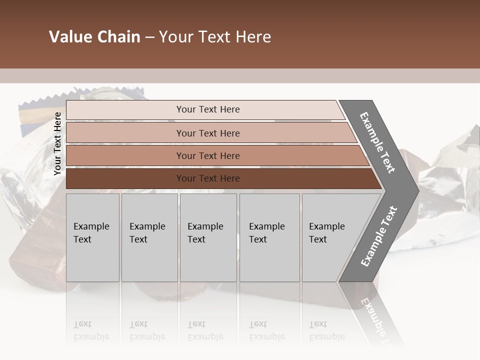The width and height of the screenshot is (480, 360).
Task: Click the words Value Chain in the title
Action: pos(94,37)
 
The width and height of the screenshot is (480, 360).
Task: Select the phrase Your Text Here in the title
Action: pos(215,37)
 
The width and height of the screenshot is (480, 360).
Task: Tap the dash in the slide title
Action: pos(149,37)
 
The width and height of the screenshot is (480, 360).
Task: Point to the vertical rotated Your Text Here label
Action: pos(57,143)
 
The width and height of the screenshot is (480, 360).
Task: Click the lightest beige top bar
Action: pos(207,109)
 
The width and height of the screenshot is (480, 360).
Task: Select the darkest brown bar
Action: pos(207,178)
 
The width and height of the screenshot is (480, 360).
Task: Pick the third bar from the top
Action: pos(207,156)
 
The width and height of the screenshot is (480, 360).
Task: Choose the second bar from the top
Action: pos(207,133)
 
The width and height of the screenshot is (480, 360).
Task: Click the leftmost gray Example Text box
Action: pos(92,237)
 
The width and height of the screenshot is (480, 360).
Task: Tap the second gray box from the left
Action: pos(149,237)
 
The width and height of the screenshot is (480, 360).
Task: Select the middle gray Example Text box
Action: pos(208,237)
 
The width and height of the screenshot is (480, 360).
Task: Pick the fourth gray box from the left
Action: pos(269,237)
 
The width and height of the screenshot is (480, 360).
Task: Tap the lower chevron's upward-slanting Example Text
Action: pos(379,236)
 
